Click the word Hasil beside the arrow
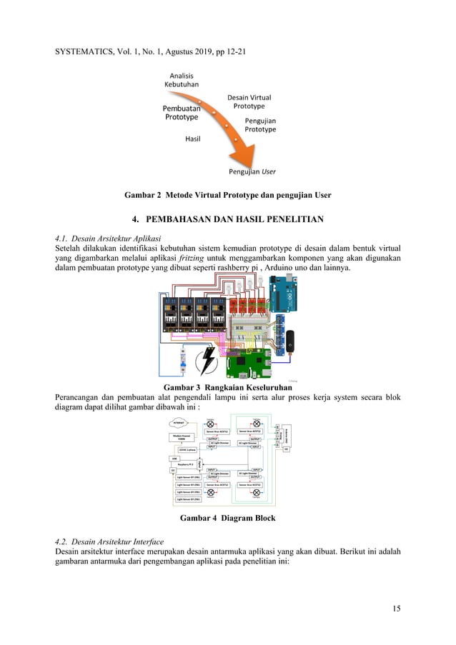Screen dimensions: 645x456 tap(193, 139)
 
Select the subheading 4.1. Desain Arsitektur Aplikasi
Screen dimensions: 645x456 tap(108, 237)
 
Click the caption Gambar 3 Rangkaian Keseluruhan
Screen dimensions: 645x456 tap(227, 387)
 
